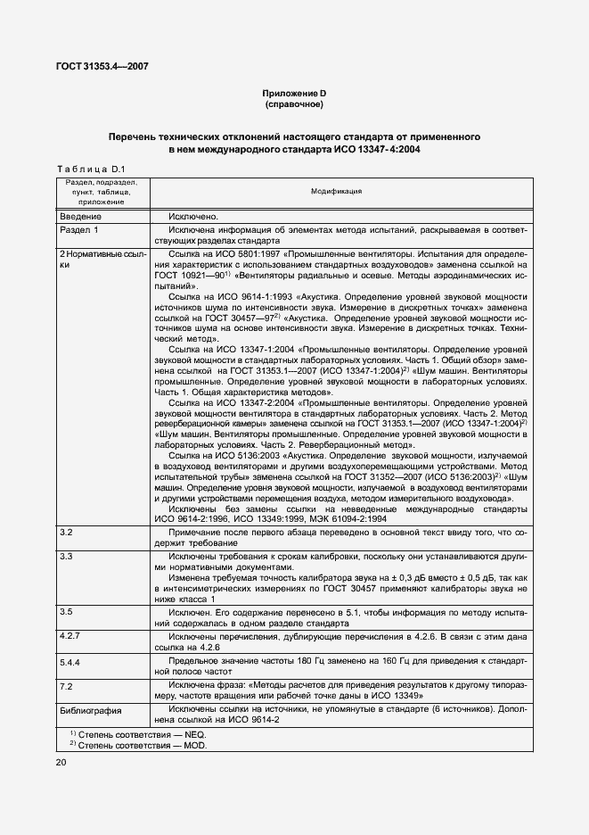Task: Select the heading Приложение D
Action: pyautogui.click(x=293, y=94)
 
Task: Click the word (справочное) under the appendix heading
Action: pyautogui.click(x=293, y=104)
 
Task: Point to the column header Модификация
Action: pyautogui.click(x=336, y=192)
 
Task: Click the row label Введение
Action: pyautogui.click(x=81, y=216)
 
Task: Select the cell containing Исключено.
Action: pyautogui.click(x=193, y=216)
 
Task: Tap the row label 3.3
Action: pyautogui.click(x=65, y=556)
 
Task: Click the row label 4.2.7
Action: pyautogui.click(x=70, y=636)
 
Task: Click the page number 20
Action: pyautogui.click(x=61, y=762)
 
